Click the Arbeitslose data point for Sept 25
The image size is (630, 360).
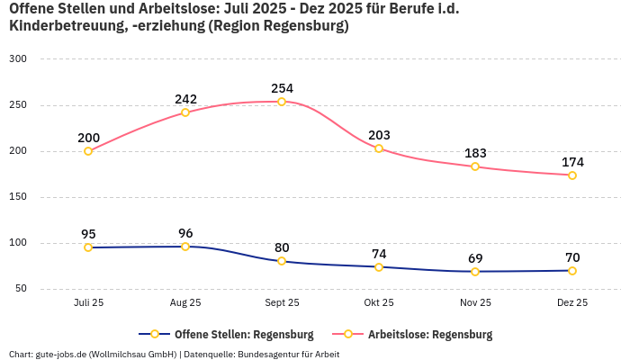coord(282,102)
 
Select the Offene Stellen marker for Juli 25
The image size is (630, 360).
coord(88,247)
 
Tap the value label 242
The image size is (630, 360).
coord(185,99)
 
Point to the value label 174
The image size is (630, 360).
coord(572,162)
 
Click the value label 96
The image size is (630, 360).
coord(185,233)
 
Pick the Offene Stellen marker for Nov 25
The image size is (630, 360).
coord(475,271)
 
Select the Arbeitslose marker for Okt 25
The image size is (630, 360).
coord(379,148)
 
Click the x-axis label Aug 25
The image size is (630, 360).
coord(185,303)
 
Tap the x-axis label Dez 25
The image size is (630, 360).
coord(572,303)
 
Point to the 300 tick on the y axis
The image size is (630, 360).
coord(19,59)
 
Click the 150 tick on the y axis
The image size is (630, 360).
coord(19,197)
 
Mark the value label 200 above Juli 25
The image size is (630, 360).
coord(88,138)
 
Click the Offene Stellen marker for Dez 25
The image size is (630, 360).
coord(572,270)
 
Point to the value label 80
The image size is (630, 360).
coord(282,247)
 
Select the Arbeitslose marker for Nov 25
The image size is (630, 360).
coord(475,166)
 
